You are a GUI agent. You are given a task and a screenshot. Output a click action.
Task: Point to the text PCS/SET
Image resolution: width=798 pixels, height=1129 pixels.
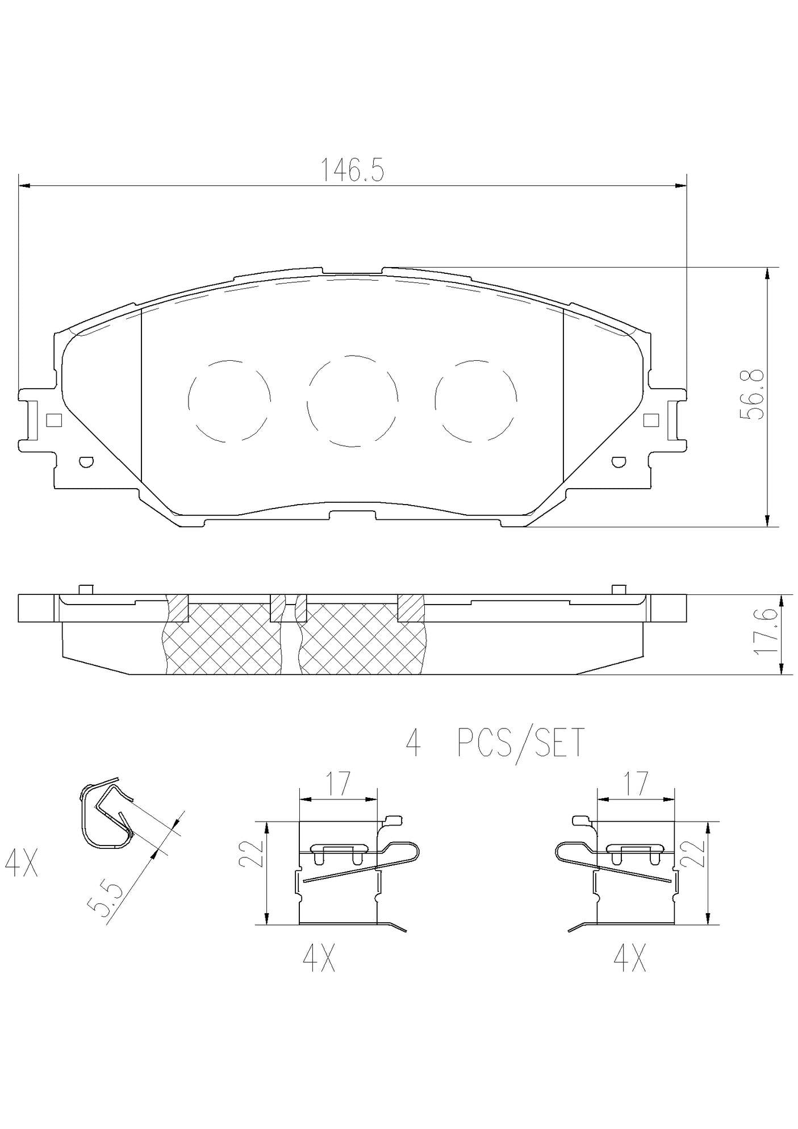[521, 743]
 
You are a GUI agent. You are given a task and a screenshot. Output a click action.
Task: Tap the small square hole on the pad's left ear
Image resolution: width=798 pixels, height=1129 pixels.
[53, 420]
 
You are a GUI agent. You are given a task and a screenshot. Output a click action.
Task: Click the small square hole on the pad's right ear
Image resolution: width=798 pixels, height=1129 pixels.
[651, 420]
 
